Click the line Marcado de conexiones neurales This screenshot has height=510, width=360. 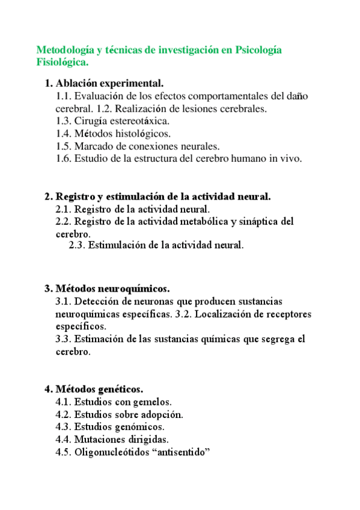(147, 146)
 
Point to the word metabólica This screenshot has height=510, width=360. (206, 221)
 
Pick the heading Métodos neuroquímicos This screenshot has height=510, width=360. (112, 289)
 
